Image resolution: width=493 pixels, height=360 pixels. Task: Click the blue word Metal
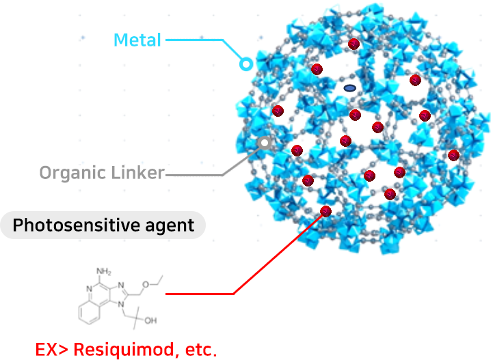coord(137,40)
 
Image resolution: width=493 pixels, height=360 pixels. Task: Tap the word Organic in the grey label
coord(72,173)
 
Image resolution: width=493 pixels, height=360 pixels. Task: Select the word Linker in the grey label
coord(138,172)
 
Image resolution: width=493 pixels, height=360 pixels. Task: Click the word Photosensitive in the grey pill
coord(76,225)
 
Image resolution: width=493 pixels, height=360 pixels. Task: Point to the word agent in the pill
coord(170,226)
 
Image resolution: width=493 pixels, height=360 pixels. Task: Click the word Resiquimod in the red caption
coord(123,349)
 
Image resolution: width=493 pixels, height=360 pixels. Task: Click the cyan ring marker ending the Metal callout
coord(246,64)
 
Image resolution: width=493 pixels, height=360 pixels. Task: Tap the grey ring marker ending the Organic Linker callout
coord(265,143)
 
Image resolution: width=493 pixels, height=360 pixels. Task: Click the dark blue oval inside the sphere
coord(349,88)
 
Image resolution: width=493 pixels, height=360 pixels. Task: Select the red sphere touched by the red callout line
coord(325,211)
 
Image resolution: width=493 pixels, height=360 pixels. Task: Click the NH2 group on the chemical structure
coord(103,271)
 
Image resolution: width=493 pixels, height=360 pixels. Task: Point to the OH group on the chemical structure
coord(150,320)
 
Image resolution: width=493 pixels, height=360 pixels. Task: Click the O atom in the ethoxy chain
coord(146,285)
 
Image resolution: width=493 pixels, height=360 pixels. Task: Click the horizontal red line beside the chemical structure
coord(200,294)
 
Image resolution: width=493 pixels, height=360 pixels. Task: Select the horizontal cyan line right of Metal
coord(194,40)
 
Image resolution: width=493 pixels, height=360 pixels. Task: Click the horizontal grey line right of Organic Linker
coord(194,175)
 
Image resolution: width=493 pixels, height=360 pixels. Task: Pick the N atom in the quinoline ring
coord(90,289)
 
